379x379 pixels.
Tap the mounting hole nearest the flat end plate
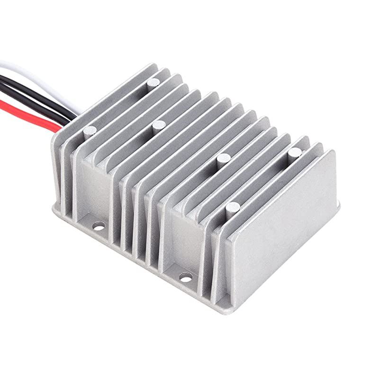(x=185, y=276)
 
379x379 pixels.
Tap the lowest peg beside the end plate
(x=232, y=207)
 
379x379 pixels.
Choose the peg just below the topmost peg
(x=158, y=126)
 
